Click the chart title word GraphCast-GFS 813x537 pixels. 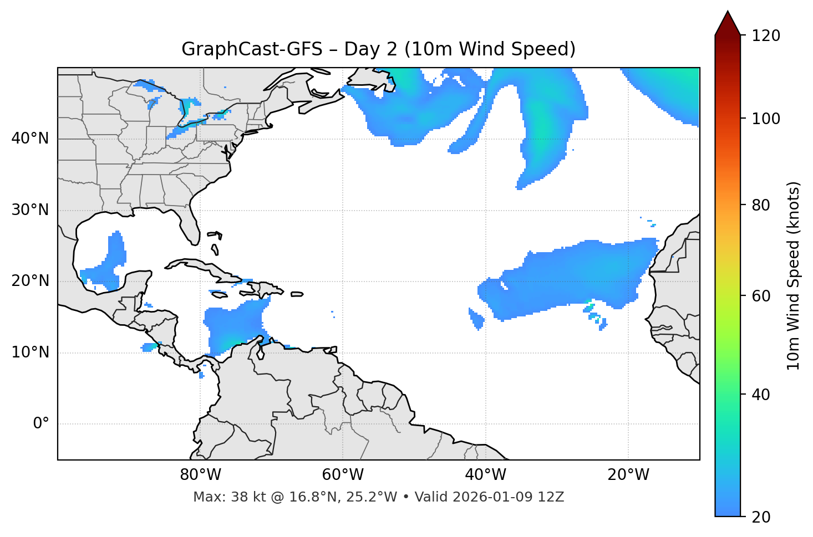[x=252, y=50]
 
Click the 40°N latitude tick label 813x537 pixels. [x=30, y=139]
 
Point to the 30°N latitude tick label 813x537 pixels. [x=30, y=210]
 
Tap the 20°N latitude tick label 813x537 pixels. [x=30, y=281]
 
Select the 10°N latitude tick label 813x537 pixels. [x=30, y=352]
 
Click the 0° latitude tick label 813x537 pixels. [x=40, y=424]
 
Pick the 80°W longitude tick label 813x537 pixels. [x=200, y=475]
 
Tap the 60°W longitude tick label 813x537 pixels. [x=343, y=475]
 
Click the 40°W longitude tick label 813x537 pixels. [x=485, y=475]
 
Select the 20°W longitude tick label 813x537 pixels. [x=628, y=475]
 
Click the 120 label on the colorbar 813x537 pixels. [x=765, y=36]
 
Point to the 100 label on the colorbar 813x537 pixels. [x=765, y=119]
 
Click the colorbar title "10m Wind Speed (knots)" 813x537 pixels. [x=794, y=275]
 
